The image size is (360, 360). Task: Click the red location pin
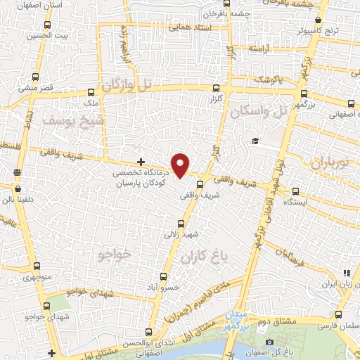click(x=181, y=165)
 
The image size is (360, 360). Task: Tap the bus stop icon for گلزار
click(x=216, y=89)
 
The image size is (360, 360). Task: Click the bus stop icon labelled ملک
click(x=90, y=92)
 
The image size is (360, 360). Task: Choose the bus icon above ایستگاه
click(x=295, y=191)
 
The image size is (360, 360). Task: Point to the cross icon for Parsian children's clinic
click(x=141, y=161)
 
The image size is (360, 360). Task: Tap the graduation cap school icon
click(x=255, y=141)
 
